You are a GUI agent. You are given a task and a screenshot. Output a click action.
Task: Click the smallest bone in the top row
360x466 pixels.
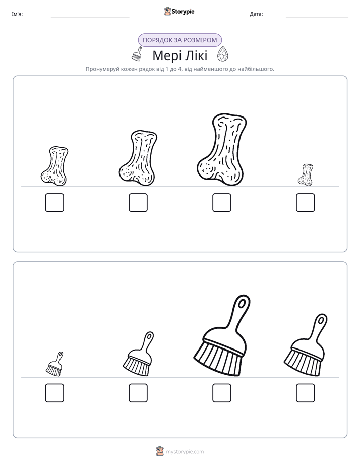click(x=306, y=174)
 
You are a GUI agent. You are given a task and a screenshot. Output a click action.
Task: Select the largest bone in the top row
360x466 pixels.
click(x=221, y=150)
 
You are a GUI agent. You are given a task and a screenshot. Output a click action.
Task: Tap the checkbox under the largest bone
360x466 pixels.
click(x=221, y=203)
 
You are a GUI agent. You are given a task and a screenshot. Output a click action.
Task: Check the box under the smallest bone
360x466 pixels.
click(x=306, y=203)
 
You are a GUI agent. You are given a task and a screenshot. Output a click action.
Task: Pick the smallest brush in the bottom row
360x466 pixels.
click(x=54, y=364)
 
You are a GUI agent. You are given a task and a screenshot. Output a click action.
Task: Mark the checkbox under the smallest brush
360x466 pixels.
click(x=54, y=393)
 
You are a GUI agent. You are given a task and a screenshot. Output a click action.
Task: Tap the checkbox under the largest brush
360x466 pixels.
click(x=221, y=393)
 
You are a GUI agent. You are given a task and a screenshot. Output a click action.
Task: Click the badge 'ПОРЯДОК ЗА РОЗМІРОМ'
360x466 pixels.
click(x=179, y=40)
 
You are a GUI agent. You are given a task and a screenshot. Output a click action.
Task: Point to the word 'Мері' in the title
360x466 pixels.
click(x=165, y=55)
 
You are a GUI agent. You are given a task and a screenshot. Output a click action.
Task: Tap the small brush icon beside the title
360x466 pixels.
click(x=137, y=54)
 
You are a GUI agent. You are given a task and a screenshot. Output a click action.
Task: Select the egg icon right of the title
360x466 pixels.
click(x=222, y=54)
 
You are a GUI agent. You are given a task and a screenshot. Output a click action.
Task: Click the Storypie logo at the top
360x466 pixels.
click(x=179, y=11)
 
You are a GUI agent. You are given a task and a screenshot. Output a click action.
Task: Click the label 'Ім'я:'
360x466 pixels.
click(x=17, y=14)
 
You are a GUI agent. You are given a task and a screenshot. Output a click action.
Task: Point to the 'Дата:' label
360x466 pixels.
click(x=256, y=14)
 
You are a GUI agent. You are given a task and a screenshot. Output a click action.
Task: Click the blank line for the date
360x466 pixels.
click(x=317, y=17)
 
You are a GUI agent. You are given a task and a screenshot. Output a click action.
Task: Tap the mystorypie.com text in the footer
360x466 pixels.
click(x=185, y=452)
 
